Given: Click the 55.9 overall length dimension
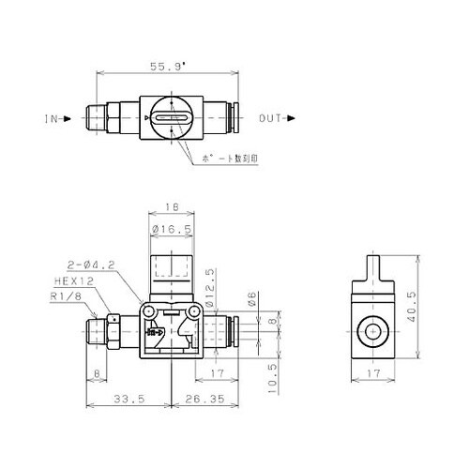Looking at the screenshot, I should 169,68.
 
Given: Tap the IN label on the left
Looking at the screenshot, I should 52,119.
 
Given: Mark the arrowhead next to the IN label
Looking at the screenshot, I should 66,119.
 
